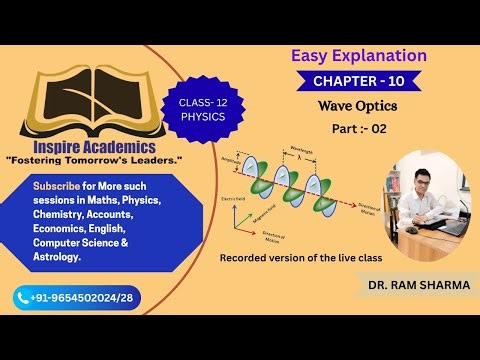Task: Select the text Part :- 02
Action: [x=358, y=129]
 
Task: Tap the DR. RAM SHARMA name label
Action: [x=413, y=287]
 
